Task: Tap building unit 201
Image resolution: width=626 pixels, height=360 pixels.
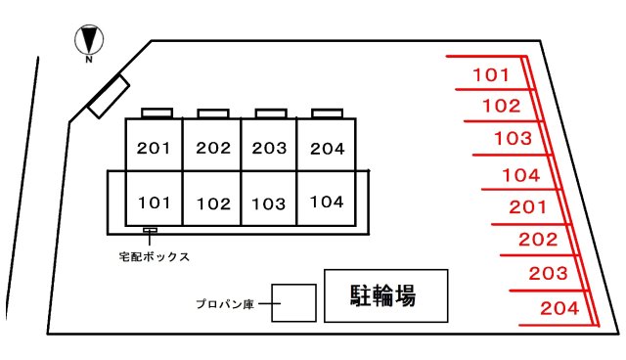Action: point(155,148)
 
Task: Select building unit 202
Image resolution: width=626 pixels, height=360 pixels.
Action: point(212,148)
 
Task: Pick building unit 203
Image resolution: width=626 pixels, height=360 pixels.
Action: point(269,148)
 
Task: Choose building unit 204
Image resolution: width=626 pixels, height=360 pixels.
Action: point(327,148)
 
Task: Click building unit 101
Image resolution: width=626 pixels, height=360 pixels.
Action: point(155,202)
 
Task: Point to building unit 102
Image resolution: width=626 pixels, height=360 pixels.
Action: point(212,203)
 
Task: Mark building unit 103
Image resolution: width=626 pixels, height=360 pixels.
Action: point(269,203)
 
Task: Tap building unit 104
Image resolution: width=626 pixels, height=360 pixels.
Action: point(327,202)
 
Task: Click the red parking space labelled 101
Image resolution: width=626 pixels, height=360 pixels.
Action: point(490,74)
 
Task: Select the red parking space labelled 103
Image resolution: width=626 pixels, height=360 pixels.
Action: point(512,138)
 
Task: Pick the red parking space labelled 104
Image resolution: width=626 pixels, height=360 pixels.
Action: point(520,175)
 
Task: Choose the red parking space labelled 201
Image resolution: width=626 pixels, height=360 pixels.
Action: point(528,206)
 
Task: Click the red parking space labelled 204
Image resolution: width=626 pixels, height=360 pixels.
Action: point(559,307)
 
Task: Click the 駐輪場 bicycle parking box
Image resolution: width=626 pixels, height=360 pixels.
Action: point(385,296)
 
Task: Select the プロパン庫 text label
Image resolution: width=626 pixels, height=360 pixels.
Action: point(224,304)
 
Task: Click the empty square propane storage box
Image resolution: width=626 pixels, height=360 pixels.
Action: point(293,303)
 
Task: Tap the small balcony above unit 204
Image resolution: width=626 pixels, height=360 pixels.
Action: point(327,112)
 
